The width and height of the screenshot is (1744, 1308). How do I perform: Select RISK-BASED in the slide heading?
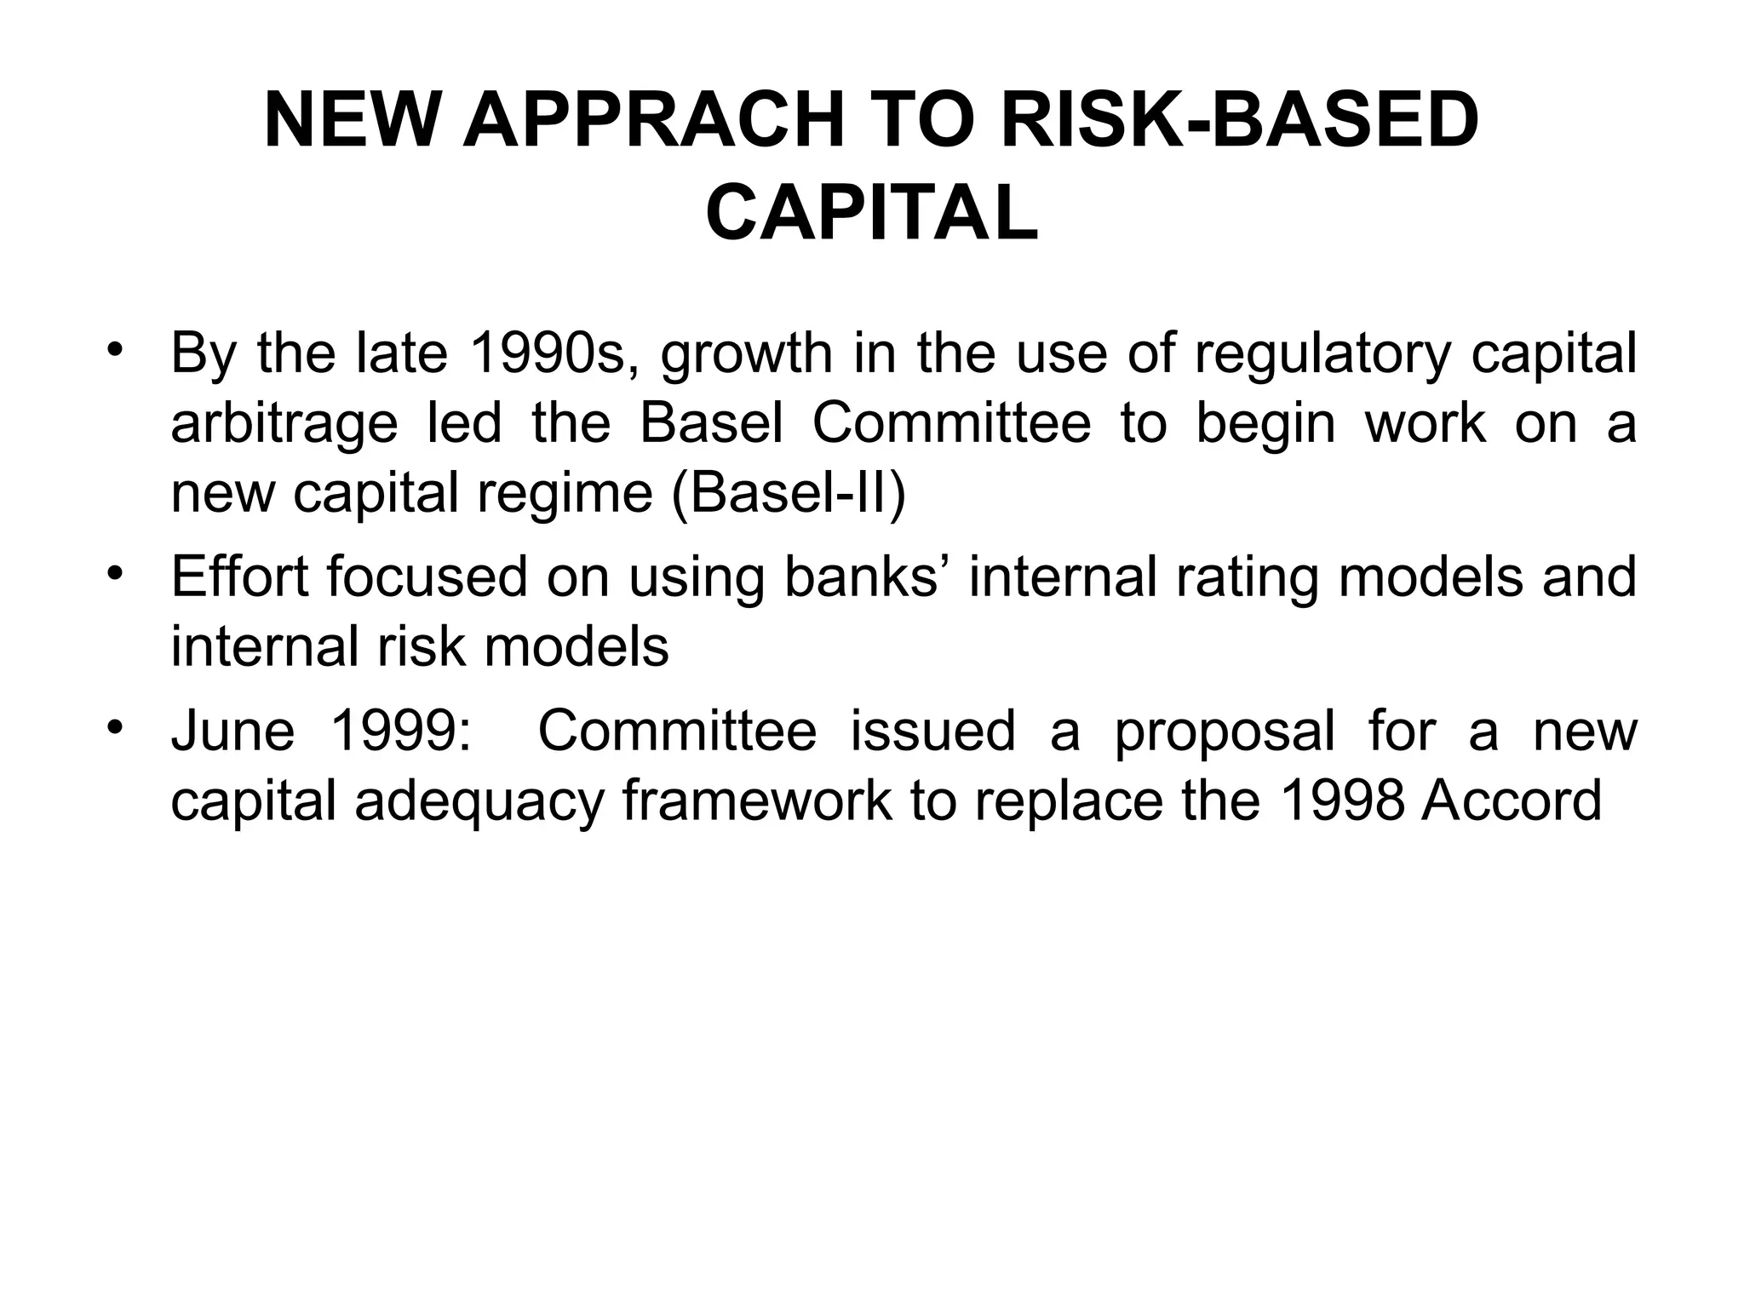click(x=1240, y=122)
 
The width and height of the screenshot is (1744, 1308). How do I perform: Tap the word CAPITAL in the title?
click(x=872, y=214)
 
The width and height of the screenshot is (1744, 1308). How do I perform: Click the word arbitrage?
click(x=284, y=423)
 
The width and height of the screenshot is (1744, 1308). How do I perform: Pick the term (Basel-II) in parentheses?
click(x=789, y=493)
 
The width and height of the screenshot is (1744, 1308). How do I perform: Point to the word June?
click(x=232, y=731)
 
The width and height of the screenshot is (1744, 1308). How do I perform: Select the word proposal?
click(x=1225, y=732)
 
